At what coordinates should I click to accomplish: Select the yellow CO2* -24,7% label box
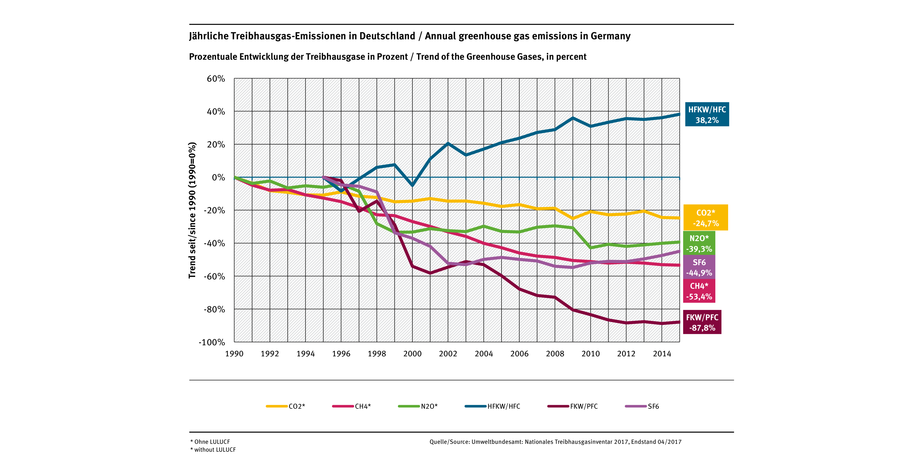[x=706, y=218]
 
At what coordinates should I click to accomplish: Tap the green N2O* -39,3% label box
[x=699, y=243]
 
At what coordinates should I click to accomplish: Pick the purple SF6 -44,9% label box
[x=699, y=267]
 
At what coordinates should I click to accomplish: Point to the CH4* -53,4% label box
[x=699, y=291]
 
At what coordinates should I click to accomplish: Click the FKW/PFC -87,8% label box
[x=702, y=322]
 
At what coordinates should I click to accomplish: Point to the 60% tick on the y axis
[x=216, y=79]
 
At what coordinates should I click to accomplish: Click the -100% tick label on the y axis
[x=212, y=342]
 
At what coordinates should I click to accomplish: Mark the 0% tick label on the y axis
[x=218, y=177]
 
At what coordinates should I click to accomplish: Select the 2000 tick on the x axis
[x=412, y=354]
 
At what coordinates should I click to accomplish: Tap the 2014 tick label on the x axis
[x=662, y=354]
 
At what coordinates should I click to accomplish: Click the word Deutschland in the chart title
[x=387, y=36]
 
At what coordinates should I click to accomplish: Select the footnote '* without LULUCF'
[x=213, y=450]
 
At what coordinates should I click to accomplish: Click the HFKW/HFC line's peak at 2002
[x=448, y=144]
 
